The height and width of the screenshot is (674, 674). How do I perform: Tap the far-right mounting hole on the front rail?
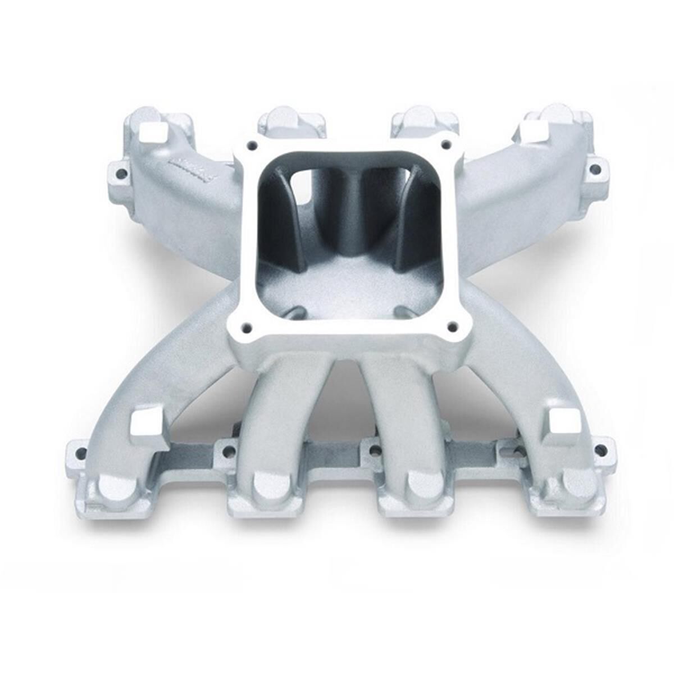pyautogui.click(x=602, y=449)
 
